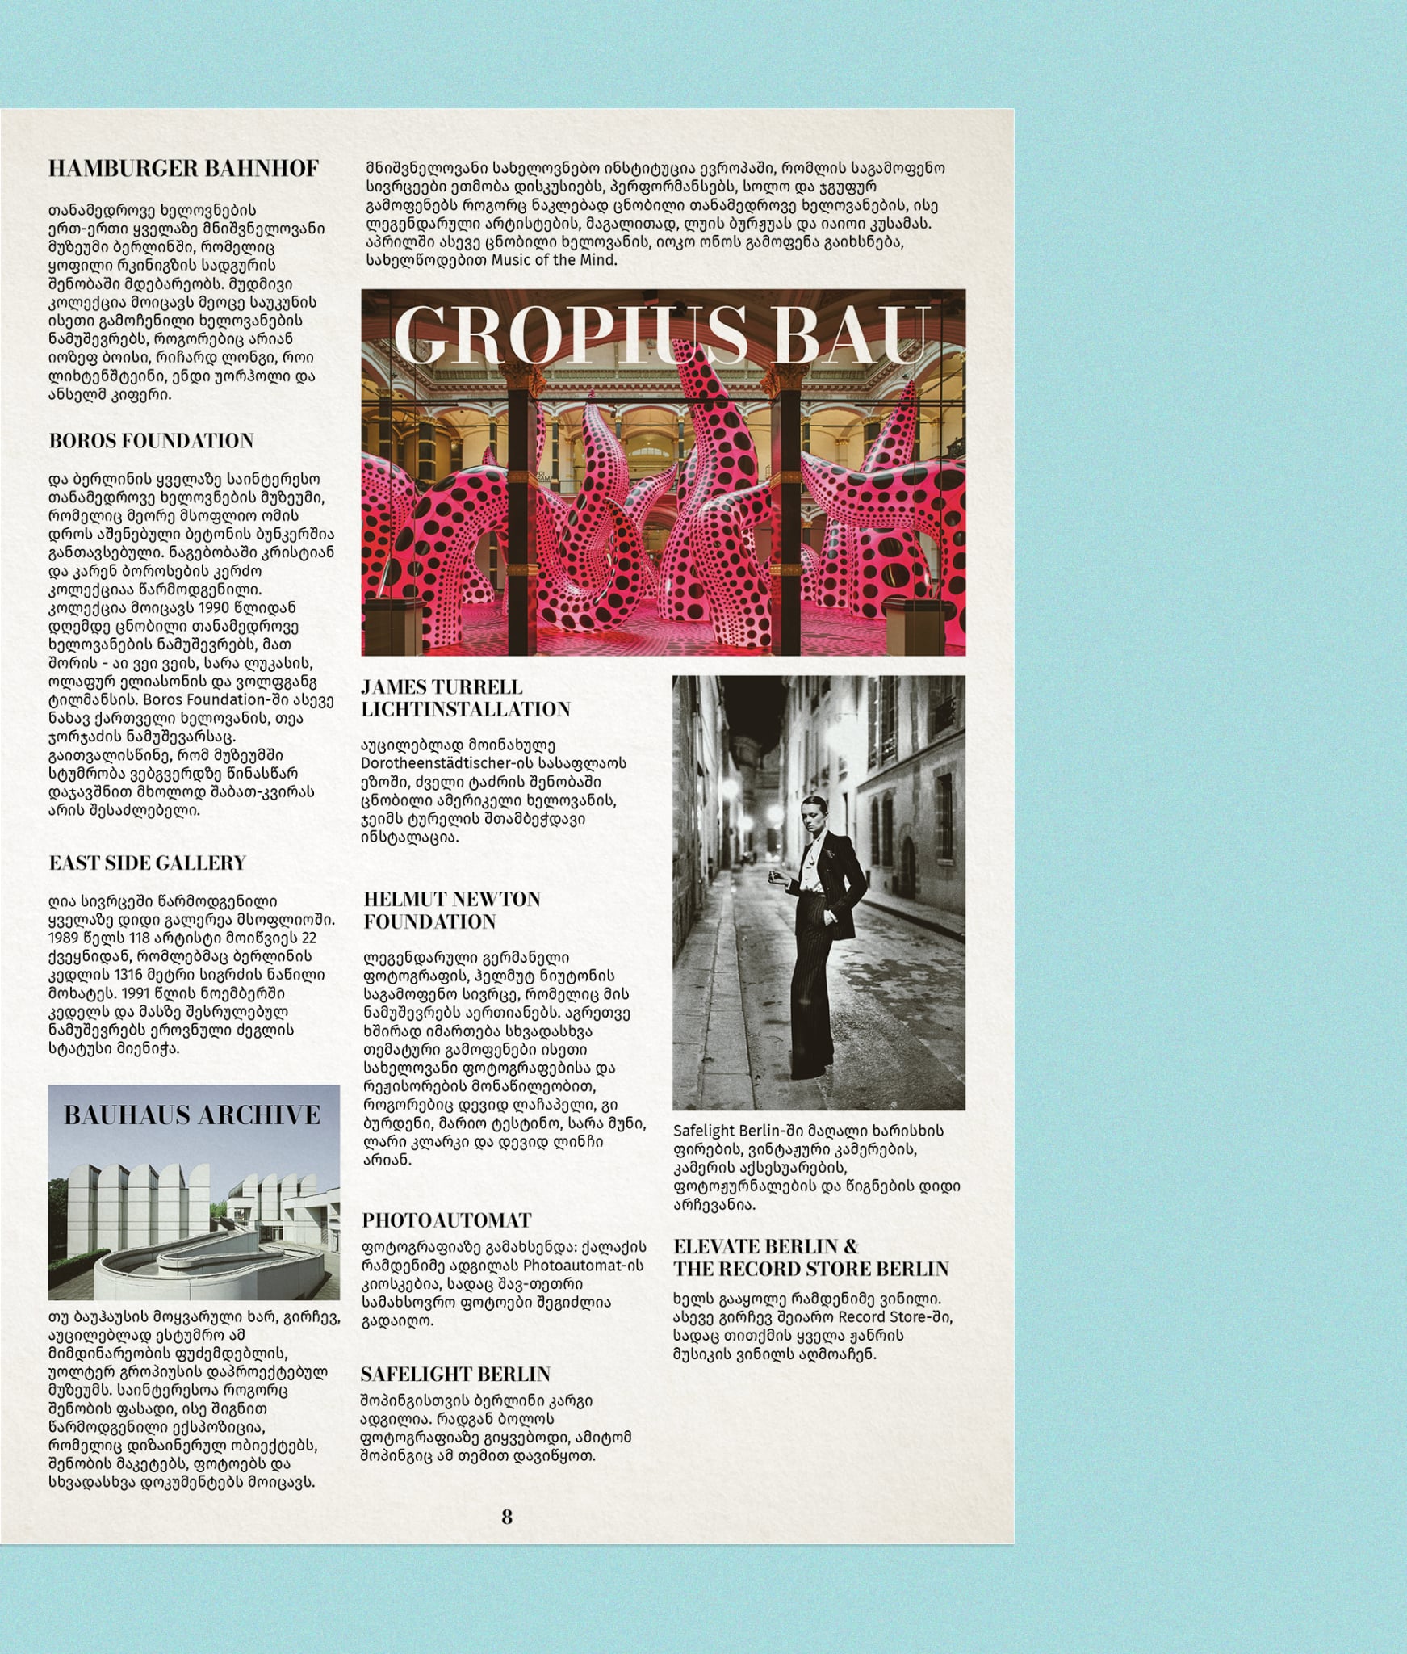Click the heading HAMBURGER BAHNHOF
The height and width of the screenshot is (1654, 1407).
[x=183, y=168]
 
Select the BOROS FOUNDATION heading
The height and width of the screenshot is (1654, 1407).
[x=151, y=440]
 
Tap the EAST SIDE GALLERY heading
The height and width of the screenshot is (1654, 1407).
[x=147, y=863]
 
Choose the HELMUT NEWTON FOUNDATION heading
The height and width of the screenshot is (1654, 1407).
[x=451, y=910]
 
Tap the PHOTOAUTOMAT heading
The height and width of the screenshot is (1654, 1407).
[x=446, y=1220]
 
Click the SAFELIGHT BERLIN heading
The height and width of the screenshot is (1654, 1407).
[x=455, y=1374]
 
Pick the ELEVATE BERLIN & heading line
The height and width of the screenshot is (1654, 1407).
[x=765, y=1245]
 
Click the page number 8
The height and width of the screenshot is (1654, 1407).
[x=507, y=1517]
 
